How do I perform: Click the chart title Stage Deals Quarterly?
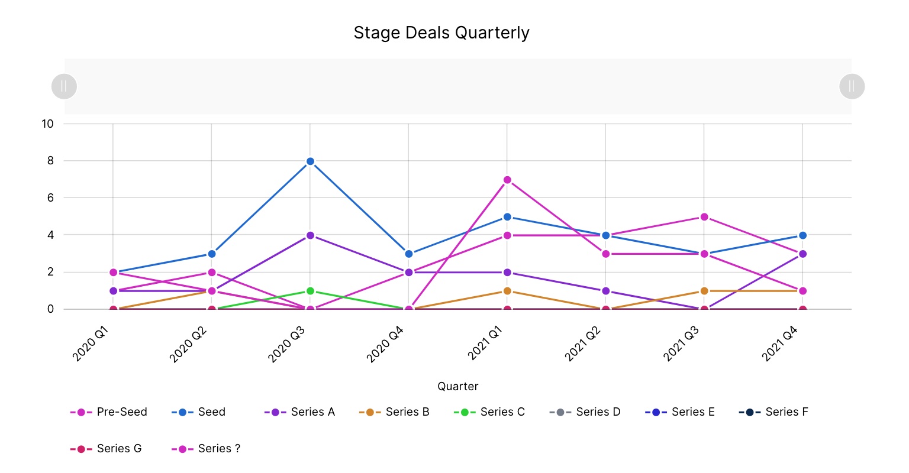click(x=441, y=33)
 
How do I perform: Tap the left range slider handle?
click(x=64, y=86)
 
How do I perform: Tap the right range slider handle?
click(x=852, y=86)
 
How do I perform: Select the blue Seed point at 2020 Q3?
click(x=310, y=161)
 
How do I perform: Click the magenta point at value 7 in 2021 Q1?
click(x=507, y=180)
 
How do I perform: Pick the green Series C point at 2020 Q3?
click(x=310, y=291)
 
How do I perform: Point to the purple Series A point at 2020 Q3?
click(x=310, y=235)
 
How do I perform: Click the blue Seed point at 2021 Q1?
click(x=507, y=217)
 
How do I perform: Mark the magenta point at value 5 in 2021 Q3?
click(x=704, y=217)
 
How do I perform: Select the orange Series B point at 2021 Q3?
click(x=704, y=291)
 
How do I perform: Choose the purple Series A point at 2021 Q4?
click(x=802, y=254)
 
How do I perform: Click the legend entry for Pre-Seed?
click(x=109, y=412)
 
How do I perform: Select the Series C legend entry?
click(x=489, y=412)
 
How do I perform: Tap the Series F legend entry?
click(x=773, y=412)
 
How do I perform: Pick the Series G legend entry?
click(x=107, y=449)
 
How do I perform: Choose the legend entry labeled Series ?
click(x=207, y=449)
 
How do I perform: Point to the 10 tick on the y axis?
click(x=47, y=124)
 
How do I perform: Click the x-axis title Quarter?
click(x=457, y=386)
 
